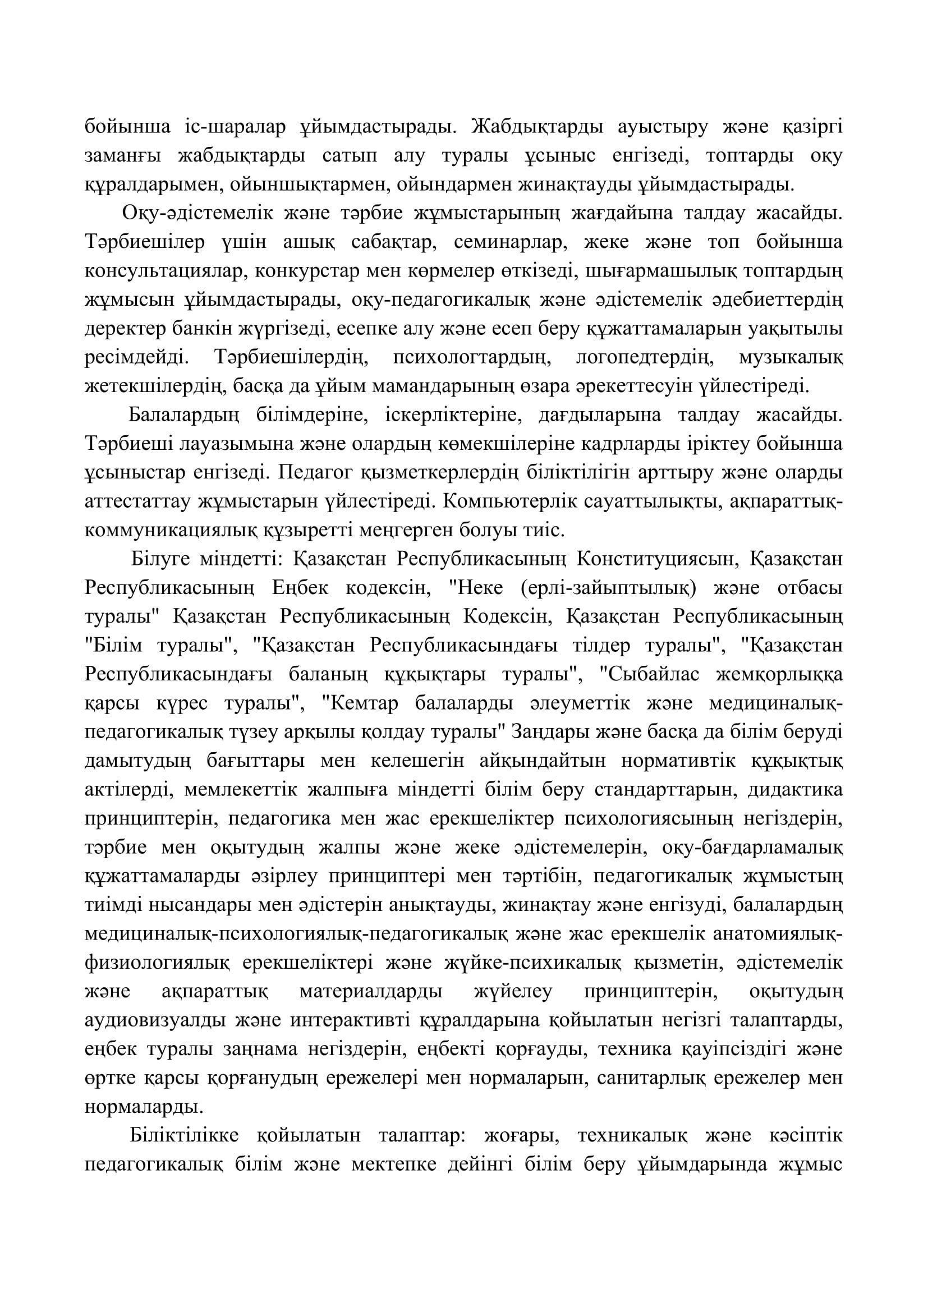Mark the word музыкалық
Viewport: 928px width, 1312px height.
pos(791,358)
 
